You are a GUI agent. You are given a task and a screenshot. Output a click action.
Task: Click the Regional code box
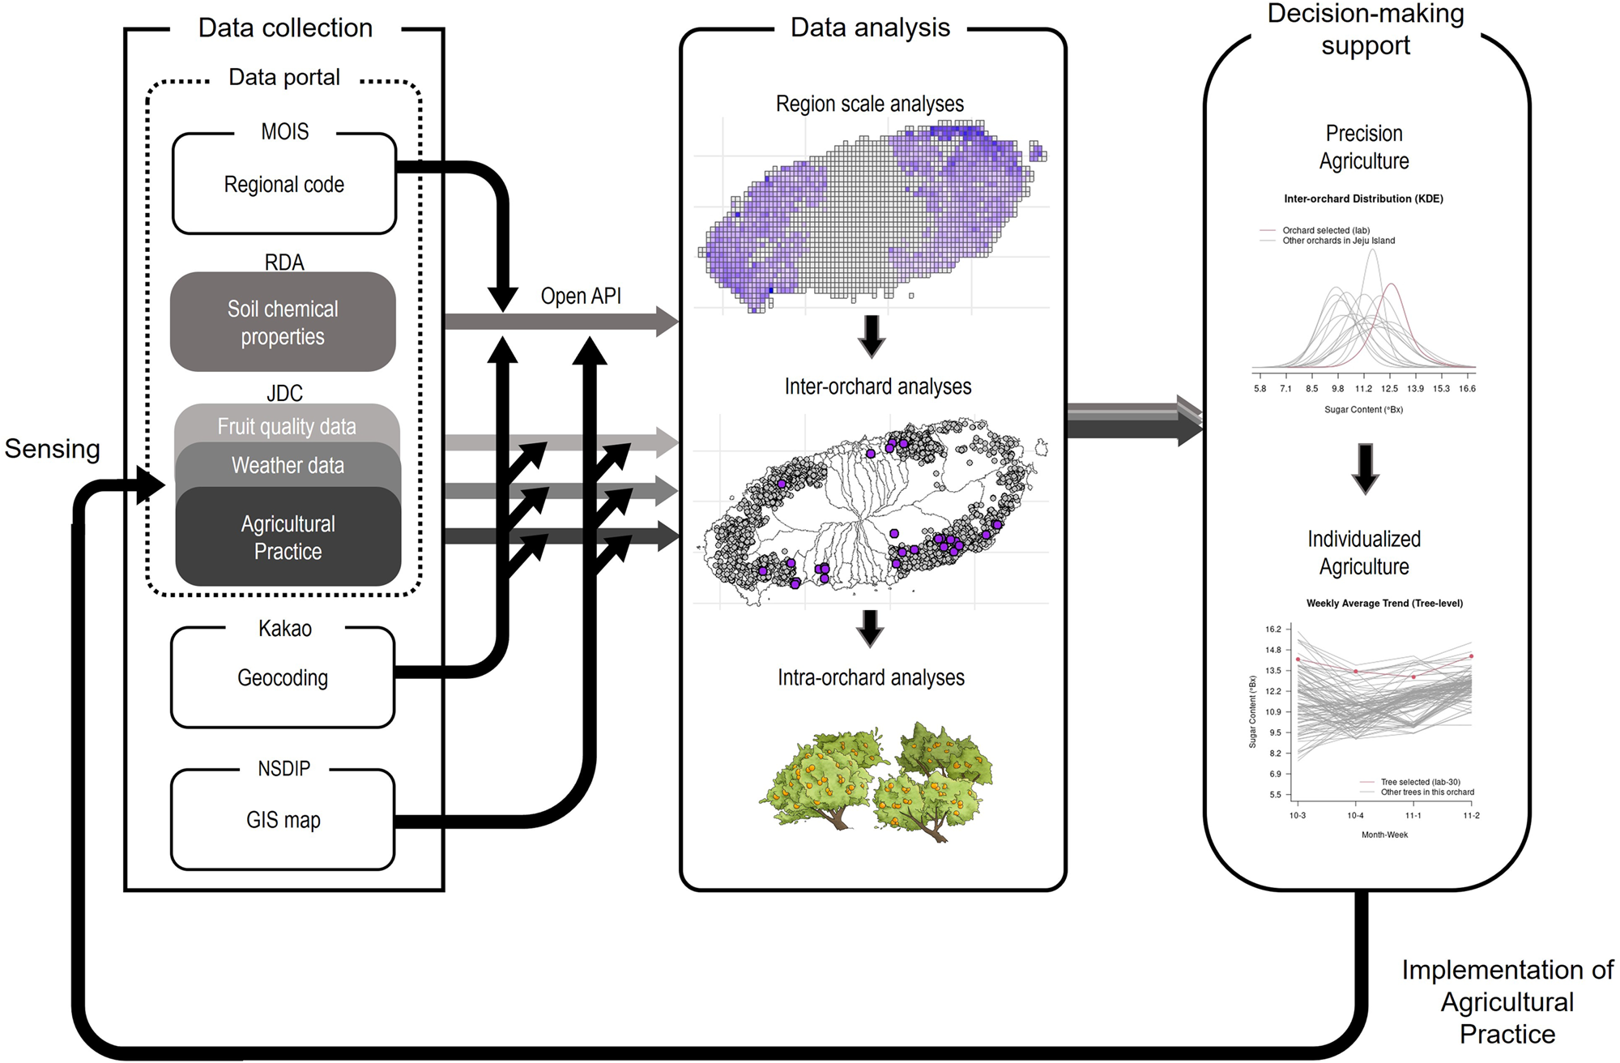(x=283, y=185)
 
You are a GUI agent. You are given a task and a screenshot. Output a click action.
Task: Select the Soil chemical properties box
(x=283, y=322)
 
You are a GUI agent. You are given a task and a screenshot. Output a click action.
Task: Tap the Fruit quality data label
(x=287, y=426)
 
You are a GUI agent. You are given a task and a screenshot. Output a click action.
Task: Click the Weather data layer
(x=288, y=465)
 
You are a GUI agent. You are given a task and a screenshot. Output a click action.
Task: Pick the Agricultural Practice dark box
(x=288, y=537)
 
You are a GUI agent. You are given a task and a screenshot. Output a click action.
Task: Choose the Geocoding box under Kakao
(x=283, y=678)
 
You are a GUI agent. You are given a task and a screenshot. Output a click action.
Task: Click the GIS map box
(x=283, y=820)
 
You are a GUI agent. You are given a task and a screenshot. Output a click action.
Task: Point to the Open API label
(x=581, y=296)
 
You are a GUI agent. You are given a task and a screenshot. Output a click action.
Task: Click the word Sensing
(x=53, y=449)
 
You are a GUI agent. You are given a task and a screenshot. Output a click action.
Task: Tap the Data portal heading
(x=284, y=77)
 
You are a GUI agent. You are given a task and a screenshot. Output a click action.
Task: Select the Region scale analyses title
(x=870, y=104)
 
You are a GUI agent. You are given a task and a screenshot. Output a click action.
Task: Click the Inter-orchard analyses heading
(x=877, y=386)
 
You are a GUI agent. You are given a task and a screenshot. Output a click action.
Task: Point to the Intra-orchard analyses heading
(x=871, y=677)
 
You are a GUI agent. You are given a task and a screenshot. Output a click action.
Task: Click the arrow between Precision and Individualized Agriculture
(x=1365, y=468)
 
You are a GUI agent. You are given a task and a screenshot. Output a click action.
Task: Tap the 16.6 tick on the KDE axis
(x=1467, y=389)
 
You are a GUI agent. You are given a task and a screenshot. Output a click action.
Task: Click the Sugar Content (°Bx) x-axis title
(x=1363, y=410)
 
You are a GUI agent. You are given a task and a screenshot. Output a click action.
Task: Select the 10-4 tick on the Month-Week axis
(x=1355, y=815)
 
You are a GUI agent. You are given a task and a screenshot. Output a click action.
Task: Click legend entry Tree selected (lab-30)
(x=1420, y=782)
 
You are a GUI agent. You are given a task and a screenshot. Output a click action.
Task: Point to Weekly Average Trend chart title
(x=1384, y=603)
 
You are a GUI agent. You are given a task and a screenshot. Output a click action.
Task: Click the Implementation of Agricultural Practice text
(x=1507, y=1001)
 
